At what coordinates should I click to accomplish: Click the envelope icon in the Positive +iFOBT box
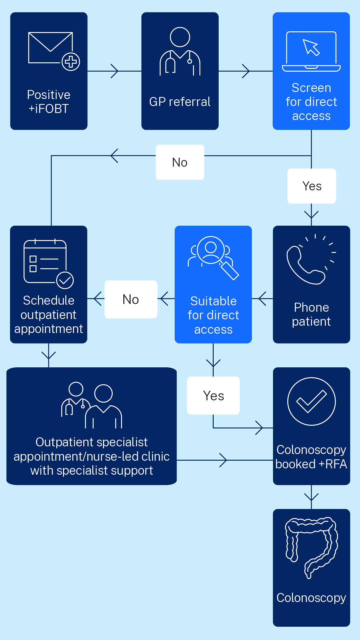click(x=51, y=48)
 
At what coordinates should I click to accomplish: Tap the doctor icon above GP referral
click(x=180, y=52)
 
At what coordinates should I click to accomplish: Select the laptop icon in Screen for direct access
click(x=311, y=51)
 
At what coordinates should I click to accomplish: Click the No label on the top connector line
click(x=180, y=162)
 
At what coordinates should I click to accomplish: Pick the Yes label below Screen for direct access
click(x=312, y=186)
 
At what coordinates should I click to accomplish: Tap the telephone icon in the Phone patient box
click(x=306, y=265)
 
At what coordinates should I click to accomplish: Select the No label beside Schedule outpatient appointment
click(x=131, y=299)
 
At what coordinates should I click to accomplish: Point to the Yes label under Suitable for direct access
click(x=213, y=396)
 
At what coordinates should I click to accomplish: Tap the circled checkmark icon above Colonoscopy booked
click(x=311, y=401)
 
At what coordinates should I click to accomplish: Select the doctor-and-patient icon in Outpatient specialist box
click(x=91, y=405)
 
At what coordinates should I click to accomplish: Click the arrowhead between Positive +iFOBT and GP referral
click(x=114, y=71)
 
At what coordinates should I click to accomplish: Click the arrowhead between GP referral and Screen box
click(x=246, y=71)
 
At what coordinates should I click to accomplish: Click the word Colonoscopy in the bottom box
click(x=311, y=598)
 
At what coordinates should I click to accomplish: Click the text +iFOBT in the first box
click(x=49, y=109)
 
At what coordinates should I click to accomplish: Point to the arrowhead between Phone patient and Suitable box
click(x=262, y=299)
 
